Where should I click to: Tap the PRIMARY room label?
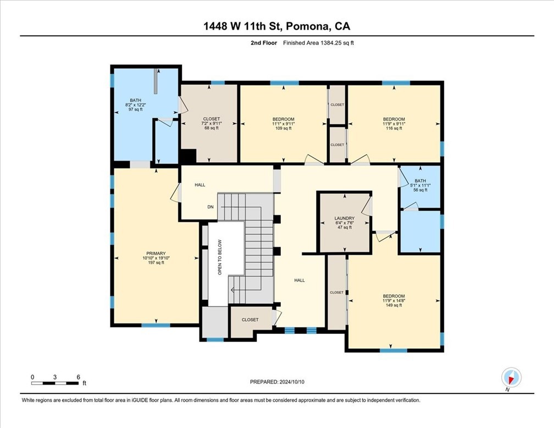tap(156, 253)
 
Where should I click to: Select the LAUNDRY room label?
tap(345, 218)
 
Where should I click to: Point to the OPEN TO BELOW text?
tap(220, 257)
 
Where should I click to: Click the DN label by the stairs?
tap(210, 207)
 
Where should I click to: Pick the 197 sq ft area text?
tap(156, 262)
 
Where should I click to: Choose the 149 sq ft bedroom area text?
tap(394, 305)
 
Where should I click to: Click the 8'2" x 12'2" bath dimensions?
tap(135, 105)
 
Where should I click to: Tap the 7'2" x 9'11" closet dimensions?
tap(211, 123)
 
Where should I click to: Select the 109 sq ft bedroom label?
tap(284, 128)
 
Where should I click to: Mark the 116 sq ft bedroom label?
tap(394, 128)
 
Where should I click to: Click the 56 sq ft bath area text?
tap(420, 190)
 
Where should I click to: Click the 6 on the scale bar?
tap(78, 377)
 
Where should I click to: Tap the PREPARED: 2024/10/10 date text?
tap(277, 382)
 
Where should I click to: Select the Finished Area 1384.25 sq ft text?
tap(318, 43)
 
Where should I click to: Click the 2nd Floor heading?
tap(264, 43)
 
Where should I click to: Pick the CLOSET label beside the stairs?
tap(250, 320)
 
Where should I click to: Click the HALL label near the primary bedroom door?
tap(200, 185)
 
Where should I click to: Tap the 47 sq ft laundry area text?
tap(345, 227)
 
